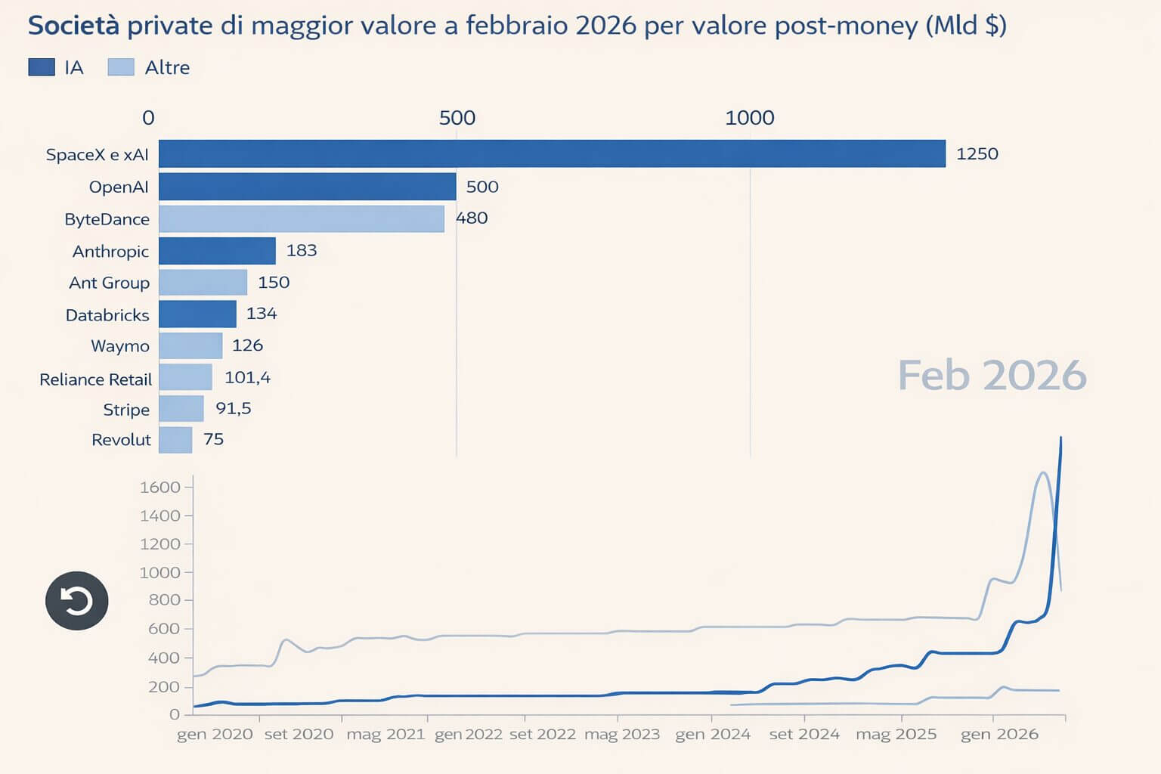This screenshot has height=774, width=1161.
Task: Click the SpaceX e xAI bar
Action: coord(552,153)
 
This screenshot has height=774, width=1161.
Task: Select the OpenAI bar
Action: coord(307,187)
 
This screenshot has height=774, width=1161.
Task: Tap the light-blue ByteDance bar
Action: coord(301,218)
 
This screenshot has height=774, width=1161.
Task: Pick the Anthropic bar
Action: coord(217,251)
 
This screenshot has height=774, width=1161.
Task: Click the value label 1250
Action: coord(977,154)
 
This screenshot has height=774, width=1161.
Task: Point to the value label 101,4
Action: coord(247,377)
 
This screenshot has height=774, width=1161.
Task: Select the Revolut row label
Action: coord(121,440)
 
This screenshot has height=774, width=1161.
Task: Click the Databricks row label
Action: coord(107,315)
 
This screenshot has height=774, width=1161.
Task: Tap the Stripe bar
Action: coord(181,409)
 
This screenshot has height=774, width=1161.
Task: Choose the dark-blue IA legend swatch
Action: coord(42,67)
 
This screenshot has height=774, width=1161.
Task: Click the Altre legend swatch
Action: coord(121,67)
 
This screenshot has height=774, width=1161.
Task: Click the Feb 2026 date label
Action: coord(992,376)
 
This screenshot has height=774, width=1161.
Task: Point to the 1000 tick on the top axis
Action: coord(749,118)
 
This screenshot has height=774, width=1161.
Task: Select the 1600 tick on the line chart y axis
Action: coord(159,488)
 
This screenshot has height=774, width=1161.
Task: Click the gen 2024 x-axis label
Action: coord(712,734)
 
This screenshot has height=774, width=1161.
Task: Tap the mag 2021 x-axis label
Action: coord(385,734)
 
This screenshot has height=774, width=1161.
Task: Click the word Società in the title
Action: coord(73,26)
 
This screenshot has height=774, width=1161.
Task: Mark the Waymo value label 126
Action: coord(247,345)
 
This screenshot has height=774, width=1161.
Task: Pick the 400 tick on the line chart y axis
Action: coord(163,658)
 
